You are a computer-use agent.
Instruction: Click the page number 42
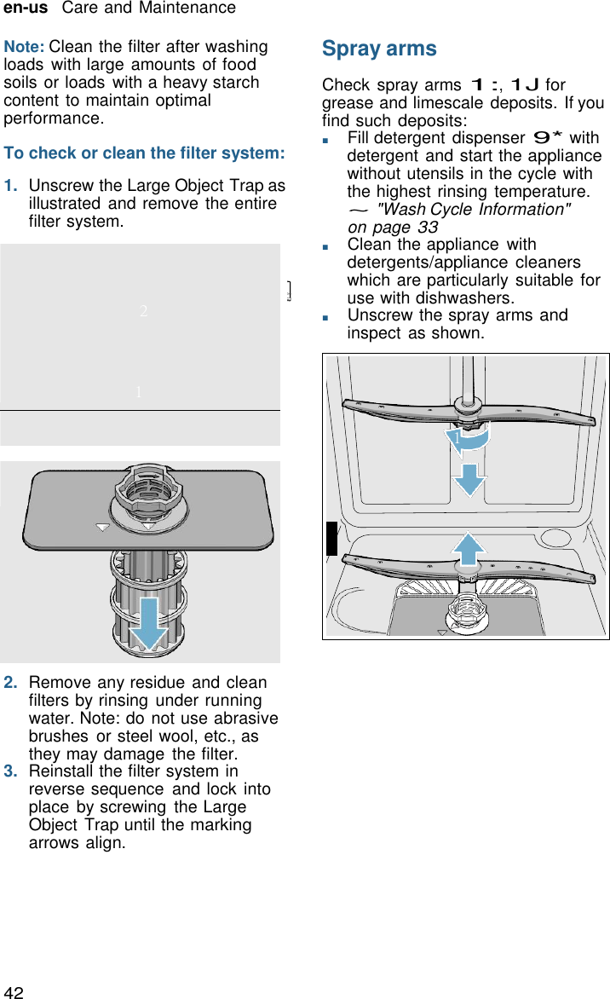(14, 991)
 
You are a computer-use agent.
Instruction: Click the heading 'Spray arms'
(379, 49)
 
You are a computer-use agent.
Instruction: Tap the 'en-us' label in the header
(26, 9)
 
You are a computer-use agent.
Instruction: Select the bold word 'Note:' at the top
(25, 47)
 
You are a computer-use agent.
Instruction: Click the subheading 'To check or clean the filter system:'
(144, 153)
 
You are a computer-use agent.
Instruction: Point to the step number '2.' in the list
(13, 683)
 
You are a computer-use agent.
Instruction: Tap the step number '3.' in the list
(13, 771)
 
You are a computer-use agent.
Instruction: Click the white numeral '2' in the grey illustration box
(144, 311)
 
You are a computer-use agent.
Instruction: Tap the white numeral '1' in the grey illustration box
(138, 392)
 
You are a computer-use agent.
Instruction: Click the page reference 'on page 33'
(393, 228)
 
